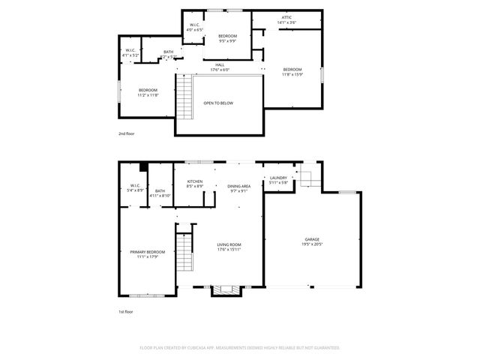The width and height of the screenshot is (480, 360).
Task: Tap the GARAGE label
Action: click(x=311, y=239)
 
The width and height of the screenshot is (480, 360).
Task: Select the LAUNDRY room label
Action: click(x=278, y=178)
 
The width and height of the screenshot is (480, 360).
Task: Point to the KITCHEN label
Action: click(x=195, y=181)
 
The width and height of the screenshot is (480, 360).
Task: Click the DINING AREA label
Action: click(x=238, y=186)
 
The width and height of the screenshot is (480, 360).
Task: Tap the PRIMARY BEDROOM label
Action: click(x=147, y=252)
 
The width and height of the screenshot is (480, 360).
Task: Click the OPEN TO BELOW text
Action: click(x=218, y=103)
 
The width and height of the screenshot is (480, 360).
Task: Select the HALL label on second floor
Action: click(x=220, y=65)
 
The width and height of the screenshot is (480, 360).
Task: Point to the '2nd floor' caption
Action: click(x=126, y=133)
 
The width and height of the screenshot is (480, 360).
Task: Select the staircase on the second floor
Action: click(x=184, y=97)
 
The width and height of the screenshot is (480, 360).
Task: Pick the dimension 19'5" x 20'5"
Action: click(x=311, y=244)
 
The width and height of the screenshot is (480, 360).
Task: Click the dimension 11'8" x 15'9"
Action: click(x=292, y=74)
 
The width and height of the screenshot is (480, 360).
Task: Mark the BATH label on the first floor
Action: click(x=160, y=190)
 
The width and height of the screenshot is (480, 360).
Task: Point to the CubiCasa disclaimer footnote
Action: click(x=240, y=348)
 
